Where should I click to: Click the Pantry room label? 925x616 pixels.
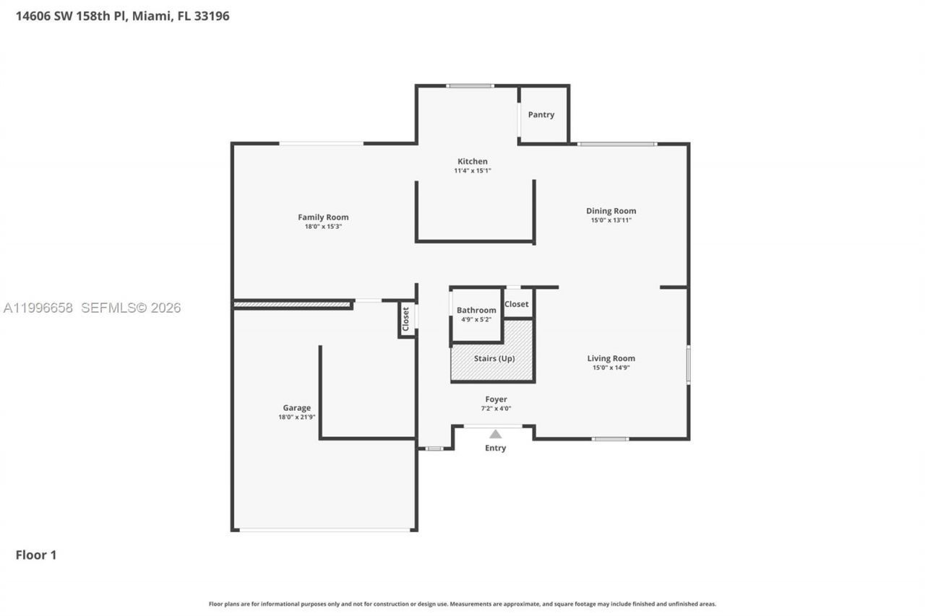click(541, 115)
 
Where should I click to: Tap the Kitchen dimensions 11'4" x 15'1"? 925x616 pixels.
click(473, 171)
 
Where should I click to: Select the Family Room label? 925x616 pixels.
click(323, 217)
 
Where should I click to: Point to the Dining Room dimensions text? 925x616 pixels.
click(611, 220)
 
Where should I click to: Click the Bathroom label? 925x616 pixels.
click(476, 311)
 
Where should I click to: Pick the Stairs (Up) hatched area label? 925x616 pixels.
click(494, 358)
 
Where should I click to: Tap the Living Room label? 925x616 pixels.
click(611, 358)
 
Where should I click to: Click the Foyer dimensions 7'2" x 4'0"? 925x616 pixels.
click(496, 409)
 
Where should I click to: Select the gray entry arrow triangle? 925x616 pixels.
click(495, 434)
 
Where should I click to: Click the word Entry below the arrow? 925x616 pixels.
click(495, 448)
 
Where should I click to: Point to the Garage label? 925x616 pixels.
click(296, 408)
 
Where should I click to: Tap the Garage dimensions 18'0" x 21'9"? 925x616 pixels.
click(296, 417)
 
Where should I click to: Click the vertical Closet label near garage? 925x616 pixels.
click(405, 318)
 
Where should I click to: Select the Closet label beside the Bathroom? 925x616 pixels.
click(516, 305)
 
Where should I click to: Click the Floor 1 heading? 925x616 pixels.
click(36, 555)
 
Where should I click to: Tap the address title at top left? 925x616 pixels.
click(123, 16)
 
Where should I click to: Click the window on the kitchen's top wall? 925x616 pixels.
click(470, 86)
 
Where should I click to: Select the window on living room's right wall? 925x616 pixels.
click(688, 365)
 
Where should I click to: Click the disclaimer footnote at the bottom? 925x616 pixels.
click(462, 604)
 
